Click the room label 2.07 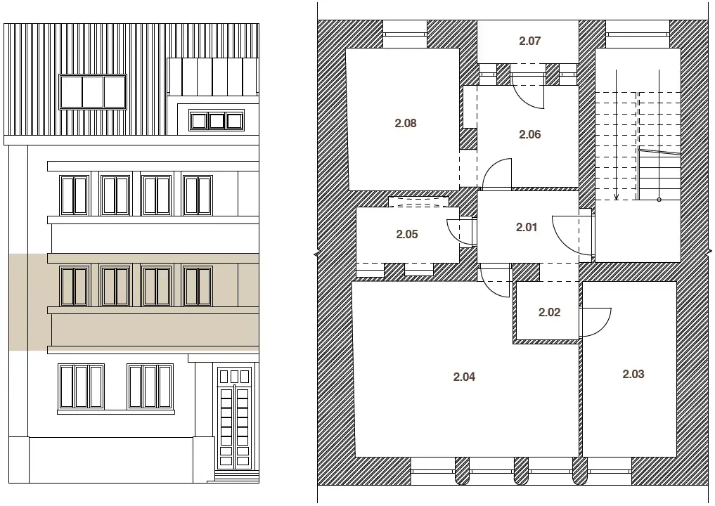pyautogui.click(x=529, y=41)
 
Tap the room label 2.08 pyautogui.click(x=406, y=123)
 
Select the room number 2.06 pyautogui.click(x=529, y=134)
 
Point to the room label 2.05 pyautogui.click(x=407, y=234)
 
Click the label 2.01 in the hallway pyautogui.click(x=526, y=227)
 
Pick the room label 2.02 pyautogui.click(x=549, y=312)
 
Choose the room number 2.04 pyautogui.click(x=464, y=377)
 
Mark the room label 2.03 pyautogui.click(x=633, y=375)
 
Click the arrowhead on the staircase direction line pyautogui.click(x=616, y=197)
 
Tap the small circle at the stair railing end pyautogui.click(x=659, y=200)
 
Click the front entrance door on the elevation pyautogui.click(x=234, y=418)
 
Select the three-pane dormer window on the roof pyautogui.click(x=93, y=92)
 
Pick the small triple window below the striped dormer pyautogui.click(x=217, y=122)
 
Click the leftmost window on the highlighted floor pyautogui.click(x=75, y=286)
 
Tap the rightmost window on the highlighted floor pyautogui.click(x=198, y=286)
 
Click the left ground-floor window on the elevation pyautogui.click(x=81, y=387)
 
